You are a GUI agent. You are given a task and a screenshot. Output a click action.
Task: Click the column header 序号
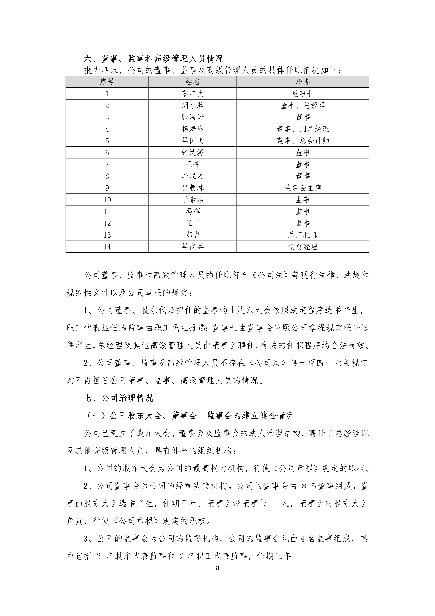[107, 82]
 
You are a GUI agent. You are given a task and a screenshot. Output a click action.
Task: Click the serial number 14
[107, 247]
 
